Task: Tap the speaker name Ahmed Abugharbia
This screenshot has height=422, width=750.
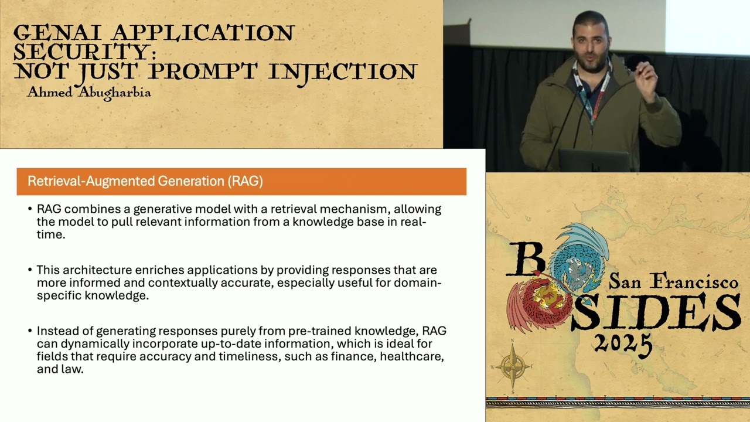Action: [x=89, y=93]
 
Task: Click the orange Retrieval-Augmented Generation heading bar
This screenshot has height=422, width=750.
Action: [x=241, y=181]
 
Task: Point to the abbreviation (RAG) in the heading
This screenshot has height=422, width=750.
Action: [x=245, y=181]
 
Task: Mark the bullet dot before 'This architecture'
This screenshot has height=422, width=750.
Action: [x=30, y=270]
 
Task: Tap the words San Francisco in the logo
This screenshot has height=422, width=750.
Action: [x=673, y=282]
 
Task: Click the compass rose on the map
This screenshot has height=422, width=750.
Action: [x=513, y=367]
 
